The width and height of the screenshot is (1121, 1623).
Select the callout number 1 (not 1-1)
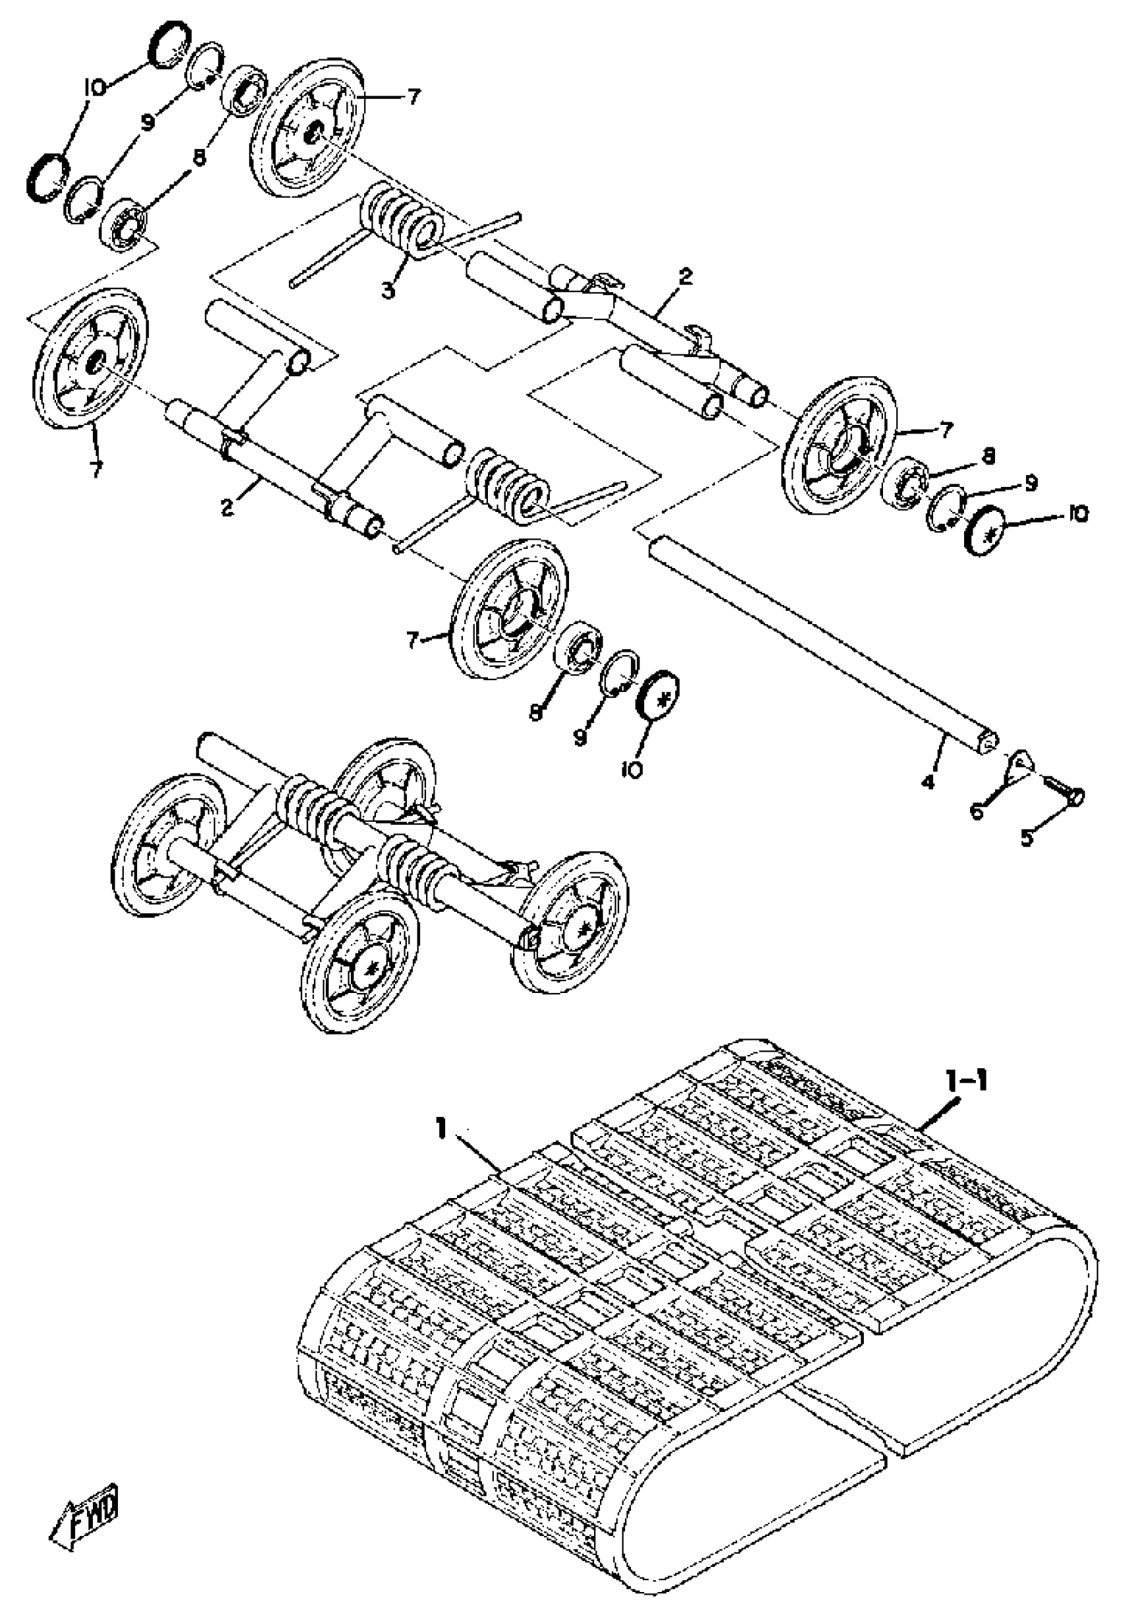click(x=441, y=1129)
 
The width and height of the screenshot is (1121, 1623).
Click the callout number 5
click(x=1027, y=838)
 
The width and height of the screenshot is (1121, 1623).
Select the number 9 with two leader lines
click(x=147, y=123)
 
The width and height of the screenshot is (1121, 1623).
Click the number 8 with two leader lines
click(x=200, y=158)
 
